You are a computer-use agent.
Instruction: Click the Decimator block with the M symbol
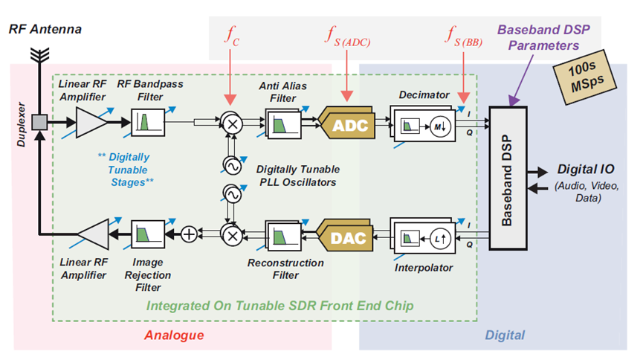click(x=419, y=124)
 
